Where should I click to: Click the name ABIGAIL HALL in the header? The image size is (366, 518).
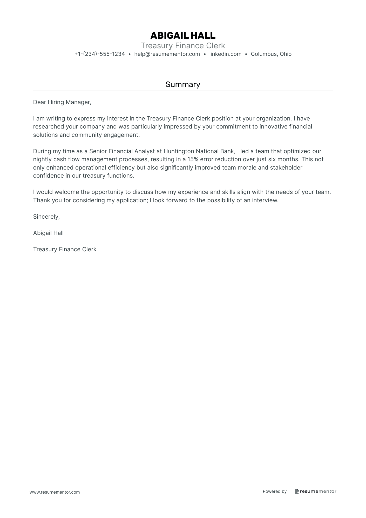[x=183, y=36]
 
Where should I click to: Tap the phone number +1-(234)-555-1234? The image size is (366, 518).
[x=100, y=54]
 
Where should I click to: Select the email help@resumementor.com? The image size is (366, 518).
[x=167, y=54]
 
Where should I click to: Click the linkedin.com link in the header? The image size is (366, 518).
[x=225, y=54]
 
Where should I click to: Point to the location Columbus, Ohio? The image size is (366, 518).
[x=271, y=54]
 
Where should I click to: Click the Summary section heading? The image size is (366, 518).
[x=183, y=84]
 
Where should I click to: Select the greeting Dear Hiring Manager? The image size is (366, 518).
[x=62, y=102]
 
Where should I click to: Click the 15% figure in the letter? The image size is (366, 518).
[x=193, y=159]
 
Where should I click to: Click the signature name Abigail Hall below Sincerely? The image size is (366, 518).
[x=48, y=233]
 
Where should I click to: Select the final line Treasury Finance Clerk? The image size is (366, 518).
[x=65, y=250]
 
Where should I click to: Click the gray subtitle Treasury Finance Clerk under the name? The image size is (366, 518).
[x=183, y=46]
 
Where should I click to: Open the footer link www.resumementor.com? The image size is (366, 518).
[x=55, y=492]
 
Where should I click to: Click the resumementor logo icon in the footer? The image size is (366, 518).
[x=297, y=491]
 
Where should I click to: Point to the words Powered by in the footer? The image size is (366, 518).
[x=275, y=491]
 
